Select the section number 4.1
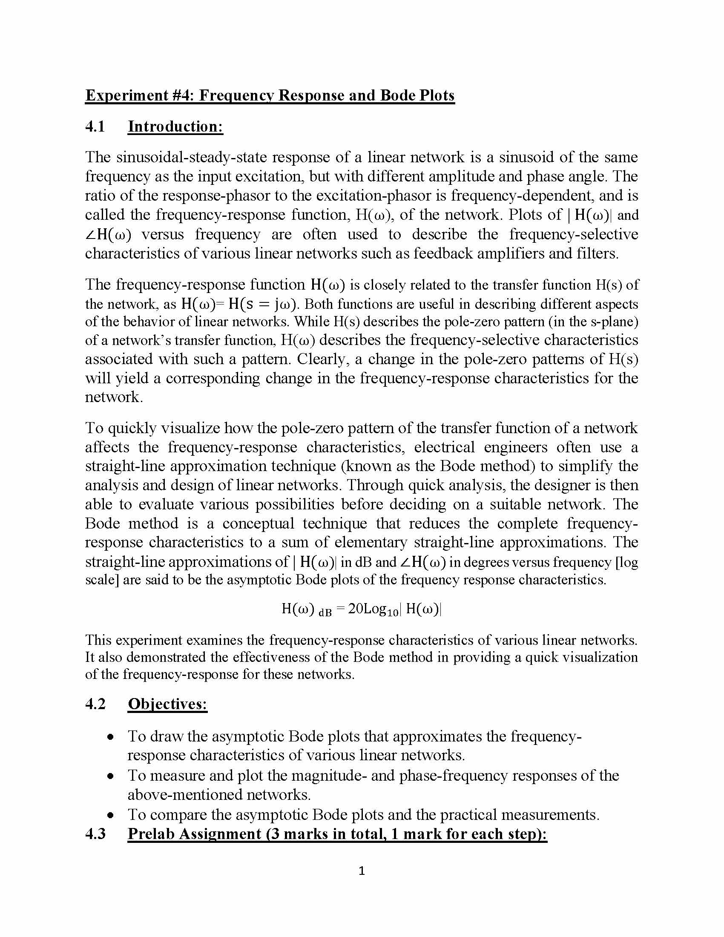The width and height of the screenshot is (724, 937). (x=95, y=126)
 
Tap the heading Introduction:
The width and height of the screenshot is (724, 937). (x=175, y=126)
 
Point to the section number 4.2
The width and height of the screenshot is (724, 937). (x=95, y=704)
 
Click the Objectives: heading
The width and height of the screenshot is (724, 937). (x=167, y=704)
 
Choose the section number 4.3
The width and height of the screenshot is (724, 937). (x=95, y=834)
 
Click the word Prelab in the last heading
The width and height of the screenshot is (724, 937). (x=151, y=834)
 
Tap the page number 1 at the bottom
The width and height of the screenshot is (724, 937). (x=362, y=871)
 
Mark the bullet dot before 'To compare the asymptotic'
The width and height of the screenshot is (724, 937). (x=111, y=815)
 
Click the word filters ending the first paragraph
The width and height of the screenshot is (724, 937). (x=598, y=253)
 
